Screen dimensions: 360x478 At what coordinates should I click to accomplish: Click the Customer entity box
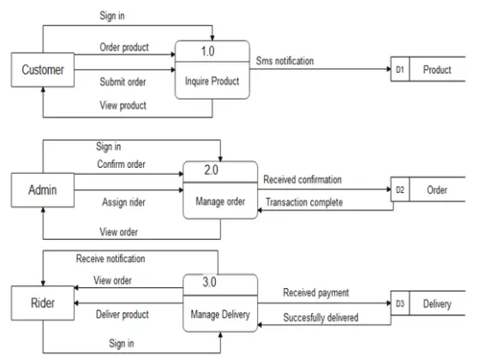pyautogui.click(x=43, y=69)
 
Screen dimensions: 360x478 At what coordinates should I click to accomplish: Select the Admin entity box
pyautogui.click(x=43, y=189)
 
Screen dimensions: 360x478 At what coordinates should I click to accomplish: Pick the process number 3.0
pyautogui.click(x=219, y=281)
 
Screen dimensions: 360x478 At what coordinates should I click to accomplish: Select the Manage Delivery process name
pyautogui.click(x=219, y=314)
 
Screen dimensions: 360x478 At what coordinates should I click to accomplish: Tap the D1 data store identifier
pyautogui.click(x=400, y=69)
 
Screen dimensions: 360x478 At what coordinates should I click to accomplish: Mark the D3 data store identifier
pyautogui.click(x=400, y=303)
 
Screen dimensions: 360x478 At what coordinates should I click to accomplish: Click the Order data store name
pyautogui.click(x=437, y=190)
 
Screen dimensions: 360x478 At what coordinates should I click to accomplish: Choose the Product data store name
pyautogui.click(x=437, y=69)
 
